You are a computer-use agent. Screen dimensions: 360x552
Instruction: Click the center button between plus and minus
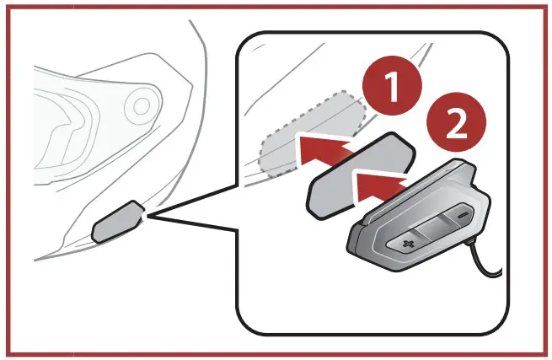(431, 225)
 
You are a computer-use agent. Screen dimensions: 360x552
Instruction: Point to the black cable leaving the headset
(487, 267)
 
